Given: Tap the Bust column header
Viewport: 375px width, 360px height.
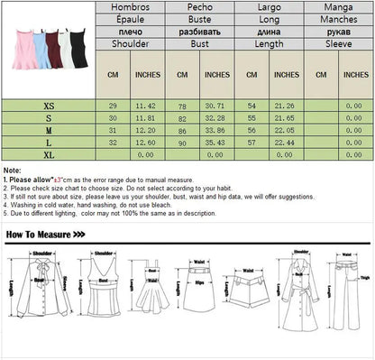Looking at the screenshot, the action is click(x=199, y=42).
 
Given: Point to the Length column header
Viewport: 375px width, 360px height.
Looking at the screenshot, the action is click(x=270, y=42).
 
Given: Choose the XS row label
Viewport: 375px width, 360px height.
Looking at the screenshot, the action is click(x=48, y=106).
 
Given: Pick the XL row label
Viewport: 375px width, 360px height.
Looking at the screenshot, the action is click(x=48, y=154).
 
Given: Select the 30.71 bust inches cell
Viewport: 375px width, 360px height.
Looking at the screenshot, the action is click(x=216, y=106).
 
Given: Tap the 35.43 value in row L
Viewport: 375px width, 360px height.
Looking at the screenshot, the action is click(x=216, y=142).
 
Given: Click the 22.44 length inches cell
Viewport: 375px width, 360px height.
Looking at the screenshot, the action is click(x=286, y=142).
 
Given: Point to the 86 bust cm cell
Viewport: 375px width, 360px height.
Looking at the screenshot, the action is click(x=182, y=130).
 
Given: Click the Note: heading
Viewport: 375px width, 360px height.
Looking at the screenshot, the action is click(x=13, y=170).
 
